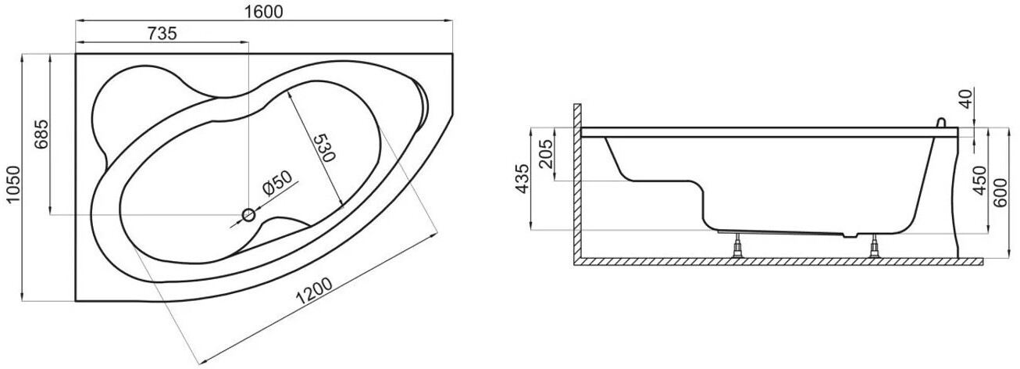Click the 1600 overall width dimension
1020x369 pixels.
click(264, 12)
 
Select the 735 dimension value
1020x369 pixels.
click(162, 34)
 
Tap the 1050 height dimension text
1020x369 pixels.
click(13, 185)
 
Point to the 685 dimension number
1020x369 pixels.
click(41, 134)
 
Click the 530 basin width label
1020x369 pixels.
click(325, 148)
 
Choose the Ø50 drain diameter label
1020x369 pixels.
click(278, 183)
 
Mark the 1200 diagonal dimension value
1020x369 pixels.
click(314, 291)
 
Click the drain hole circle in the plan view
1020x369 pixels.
click(248, 214)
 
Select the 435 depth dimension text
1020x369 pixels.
click(523, 179)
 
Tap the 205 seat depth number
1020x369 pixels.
click(547, 154)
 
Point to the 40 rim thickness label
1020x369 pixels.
click(965, 99)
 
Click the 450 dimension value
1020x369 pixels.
click(979, 181)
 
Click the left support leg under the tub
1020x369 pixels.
click(736, 246)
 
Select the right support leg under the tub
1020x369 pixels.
click(874, 246)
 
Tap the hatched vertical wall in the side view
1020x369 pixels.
click(577, 182)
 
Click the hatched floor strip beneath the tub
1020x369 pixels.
click(778, 261)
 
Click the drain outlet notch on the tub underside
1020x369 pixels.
click(851, 235)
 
